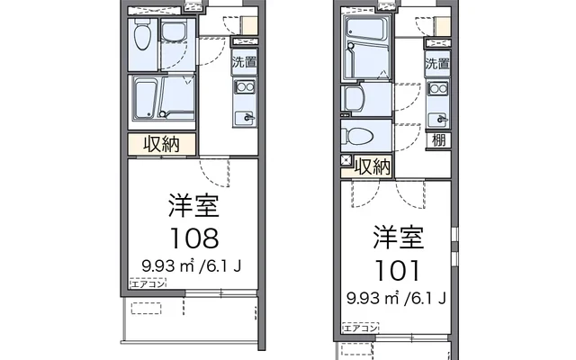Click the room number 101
pyautogui.click(x=397, y=268)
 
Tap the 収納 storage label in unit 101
pyautogui.click(x=373, y=166)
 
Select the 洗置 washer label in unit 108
pyautogui.click(x=243, y=63)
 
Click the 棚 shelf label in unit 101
pyautogui.click(x=438, y=139)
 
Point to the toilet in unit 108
pyautogui.click(x=142, y=36)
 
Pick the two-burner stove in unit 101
pyautogui.click(x=438, y=90)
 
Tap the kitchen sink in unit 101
pyautogui.click(x=438, y=117)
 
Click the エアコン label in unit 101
pyautogui.click(x=361, y=329)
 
